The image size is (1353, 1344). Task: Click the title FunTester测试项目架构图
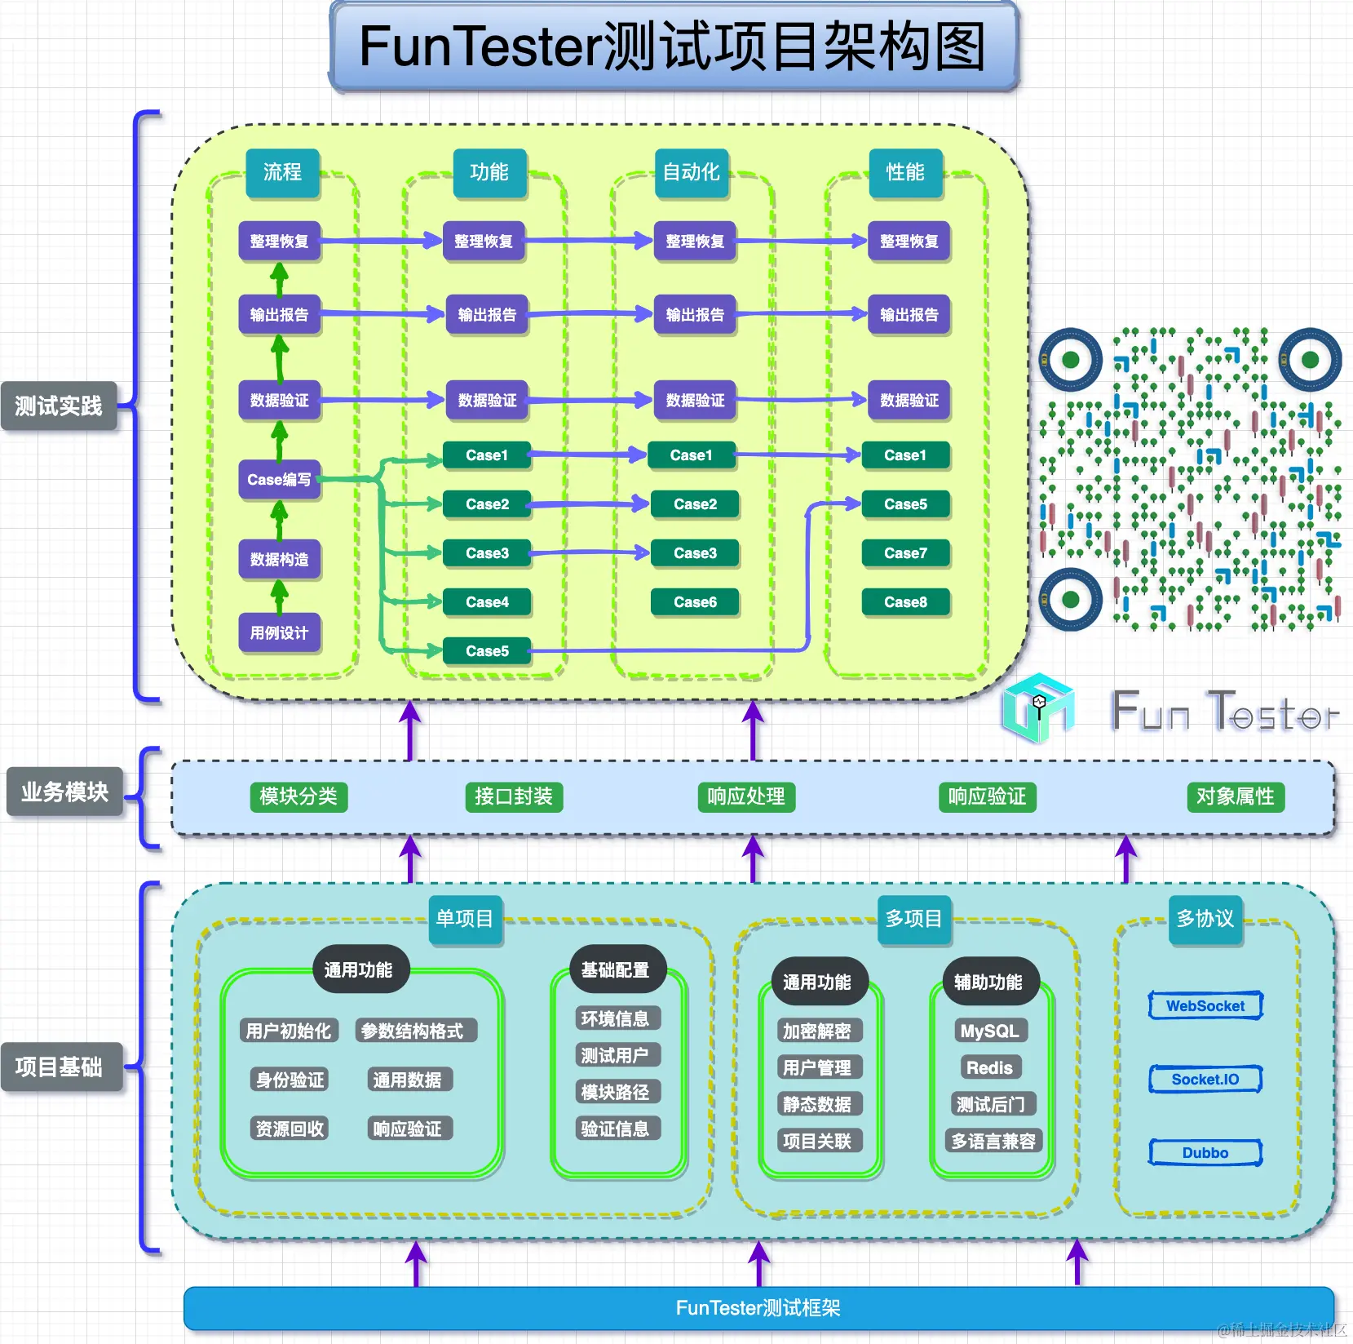pyautogui.click(x=674, y=46)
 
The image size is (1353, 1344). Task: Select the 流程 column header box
pyautogui.click(x=282, y=172)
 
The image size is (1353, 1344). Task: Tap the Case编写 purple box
pyautogui.click(x=279, y=480)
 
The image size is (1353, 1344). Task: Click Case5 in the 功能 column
pyautogui.click(x=487, y=651)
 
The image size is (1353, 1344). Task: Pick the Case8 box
pyautogui.click(x=905, y=602)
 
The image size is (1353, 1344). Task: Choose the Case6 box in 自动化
pyautogui.click(x=695, y=602)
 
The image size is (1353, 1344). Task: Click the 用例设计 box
pyautogui.click(x=279, y=632)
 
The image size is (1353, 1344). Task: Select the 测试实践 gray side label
pyautogui.click(x=59, y=406)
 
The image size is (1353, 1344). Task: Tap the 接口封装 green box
pyautogui.click(x=513, y=796)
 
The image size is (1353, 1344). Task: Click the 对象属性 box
pyautogui.click(x=1235, y=796)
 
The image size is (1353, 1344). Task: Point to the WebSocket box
pyautogui.click(x=1205, y=1006)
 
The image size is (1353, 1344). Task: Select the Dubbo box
pyautogui.click(x=1205, y=1153)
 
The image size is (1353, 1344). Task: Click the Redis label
pyautogui.click(x=988, y=1067)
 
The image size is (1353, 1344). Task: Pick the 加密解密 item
pyautogui.click(x=816, y=1031)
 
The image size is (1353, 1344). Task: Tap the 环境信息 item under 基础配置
pyautogui.click(x=614, y=1018)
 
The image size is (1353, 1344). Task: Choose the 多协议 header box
pyautogui.click(x=1205, y=919)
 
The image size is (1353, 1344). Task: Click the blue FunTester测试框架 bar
pyautogui.click(x=758, y=1308)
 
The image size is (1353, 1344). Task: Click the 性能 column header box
pyautogui.click(x=905, y=172)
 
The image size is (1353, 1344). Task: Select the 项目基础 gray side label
pyautogui.click(x=59, y=1067)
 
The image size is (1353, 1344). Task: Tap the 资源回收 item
pyautogui.click(x=290, y=1129)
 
